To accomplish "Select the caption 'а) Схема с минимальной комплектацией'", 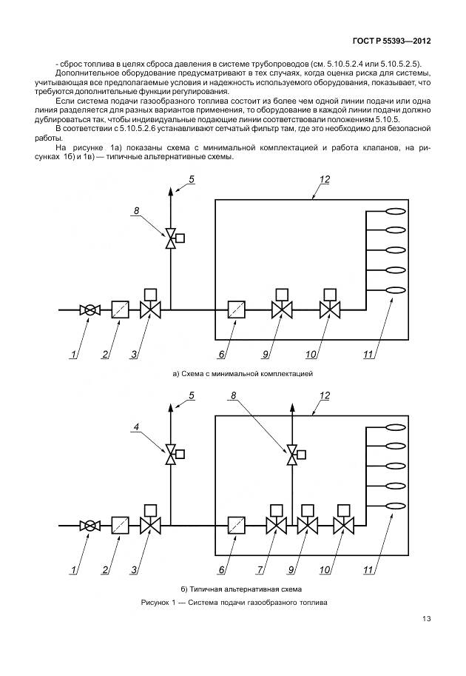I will [243, 374].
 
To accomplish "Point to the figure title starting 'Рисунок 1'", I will [234, 603].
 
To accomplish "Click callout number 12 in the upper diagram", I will [324, 180].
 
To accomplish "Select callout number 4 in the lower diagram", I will [136, 426].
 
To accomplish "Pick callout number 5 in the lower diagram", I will [191, 396].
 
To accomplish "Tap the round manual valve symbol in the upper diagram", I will [90, 310].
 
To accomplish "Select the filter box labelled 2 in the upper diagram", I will [120, 310].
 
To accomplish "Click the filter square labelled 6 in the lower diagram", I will [237, 526].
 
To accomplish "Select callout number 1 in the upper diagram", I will [74, 355].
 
